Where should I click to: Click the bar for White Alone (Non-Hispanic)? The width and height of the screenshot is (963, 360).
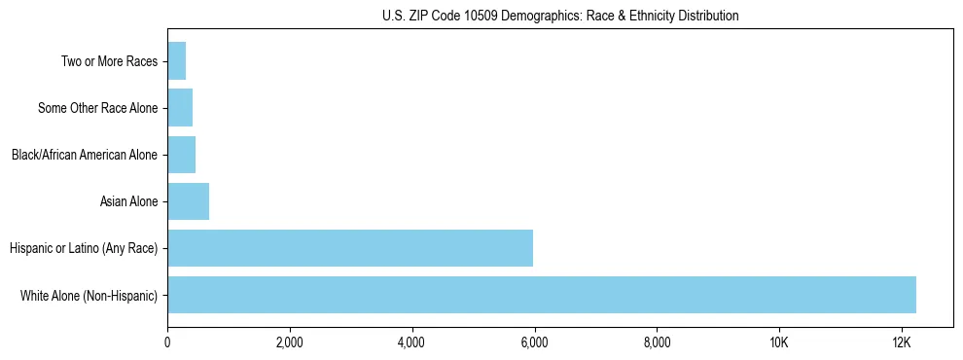[542, 295]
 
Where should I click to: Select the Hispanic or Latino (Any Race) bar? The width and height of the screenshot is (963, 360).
[350, 248]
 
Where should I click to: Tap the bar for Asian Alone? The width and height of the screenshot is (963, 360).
[188, 201]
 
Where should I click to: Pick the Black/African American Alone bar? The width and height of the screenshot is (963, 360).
[181, 155]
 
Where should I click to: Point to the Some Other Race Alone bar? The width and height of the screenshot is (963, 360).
[180, 108]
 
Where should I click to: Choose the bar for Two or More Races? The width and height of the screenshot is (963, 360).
[176, 61]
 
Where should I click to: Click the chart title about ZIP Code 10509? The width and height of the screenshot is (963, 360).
[560, 16]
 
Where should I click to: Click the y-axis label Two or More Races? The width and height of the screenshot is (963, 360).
[109, 61]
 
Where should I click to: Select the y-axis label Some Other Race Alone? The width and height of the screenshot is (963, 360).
[97, 108]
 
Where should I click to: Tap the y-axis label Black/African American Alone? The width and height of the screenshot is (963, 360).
[85, 155]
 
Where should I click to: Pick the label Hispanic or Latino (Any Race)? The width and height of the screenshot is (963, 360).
[84, 248]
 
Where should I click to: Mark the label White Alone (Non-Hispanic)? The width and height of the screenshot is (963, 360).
[89, 295]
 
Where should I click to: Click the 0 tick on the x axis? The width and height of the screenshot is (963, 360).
[167, 342]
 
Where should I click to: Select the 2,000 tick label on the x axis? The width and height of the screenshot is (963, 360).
[290, 342]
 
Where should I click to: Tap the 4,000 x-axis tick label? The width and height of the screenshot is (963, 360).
[411, 342]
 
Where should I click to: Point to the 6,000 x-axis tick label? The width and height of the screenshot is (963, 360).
[534, 342]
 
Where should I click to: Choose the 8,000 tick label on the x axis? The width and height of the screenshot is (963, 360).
[657, 342]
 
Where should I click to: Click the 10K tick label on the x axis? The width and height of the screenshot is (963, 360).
[779, 342]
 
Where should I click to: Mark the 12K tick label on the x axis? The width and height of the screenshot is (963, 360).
[901, 342]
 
